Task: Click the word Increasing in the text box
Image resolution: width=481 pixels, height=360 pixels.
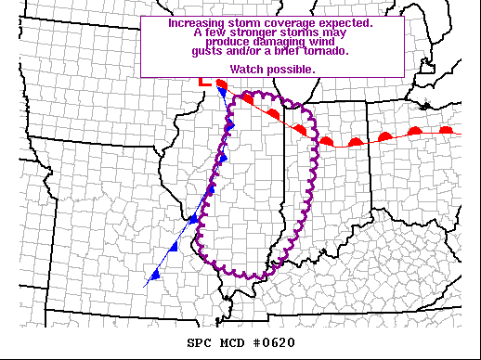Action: point(197,21)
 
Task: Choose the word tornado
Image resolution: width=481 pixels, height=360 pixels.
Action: point(324,51)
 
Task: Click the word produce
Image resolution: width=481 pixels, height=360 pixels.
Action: point(227,42)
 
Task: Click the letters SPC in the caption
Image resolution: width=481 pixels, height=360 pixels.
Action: point(200,342)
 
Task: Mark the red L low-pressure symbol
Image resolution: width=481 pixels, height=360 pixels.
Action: point(205,82)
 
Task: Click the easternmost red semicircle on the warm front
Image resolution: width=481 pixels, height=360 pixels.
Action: point(446,131)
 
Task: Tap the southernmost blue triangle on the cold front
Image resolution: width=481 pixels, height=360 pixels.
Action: point(155,276)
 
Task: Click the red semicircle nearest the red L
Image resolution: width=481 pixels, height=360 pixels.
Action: point(221,84)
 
